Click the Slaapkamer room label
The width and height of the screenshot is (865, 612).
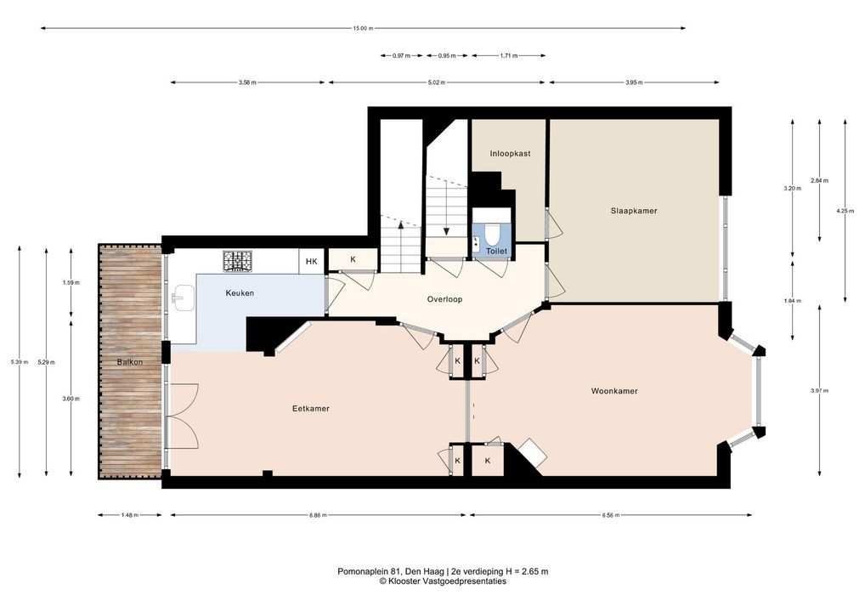633,211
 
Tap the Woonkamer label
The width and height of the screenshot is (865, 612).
614,391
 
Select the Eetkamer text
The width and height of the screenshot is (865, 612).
311,409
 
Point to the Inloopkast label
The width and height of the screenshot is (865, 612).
510,153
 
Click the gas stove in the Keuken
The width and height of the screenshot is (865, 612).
237,261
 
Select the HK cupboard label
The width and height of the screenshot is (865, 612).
311,262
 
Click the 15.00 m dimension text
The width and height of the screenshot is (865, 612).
363,28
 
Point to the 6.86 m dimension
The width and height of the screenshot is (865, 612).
318,515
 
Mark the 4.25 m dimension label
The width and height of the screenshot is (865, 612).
845,211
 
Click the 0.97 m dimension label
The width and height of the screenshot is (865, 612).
401,56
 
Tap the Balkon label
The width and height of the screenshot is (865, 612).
130,363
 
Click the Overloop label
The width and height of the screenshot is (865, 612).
444,300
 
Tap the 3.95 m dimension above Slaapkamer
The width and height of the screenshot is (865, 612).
634,82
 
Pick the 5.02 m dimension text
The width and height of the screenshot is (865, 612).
437,82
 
